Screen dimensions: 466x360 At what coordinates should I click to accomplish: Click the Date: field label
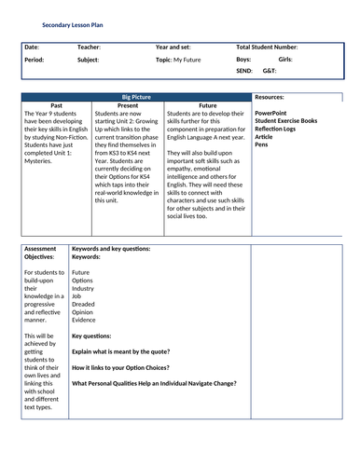pos(32,46)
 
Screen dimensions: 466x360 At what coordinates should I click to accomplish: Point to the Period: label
pos(34,59)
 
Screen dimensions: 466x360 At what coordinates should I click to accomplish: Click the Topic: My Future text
pos(177,59)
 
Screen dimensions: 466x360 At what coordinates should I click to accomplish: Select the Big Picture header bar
pos(136,97)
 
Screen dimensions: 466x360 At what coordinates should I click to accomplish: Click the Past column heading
pos(56,105)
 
